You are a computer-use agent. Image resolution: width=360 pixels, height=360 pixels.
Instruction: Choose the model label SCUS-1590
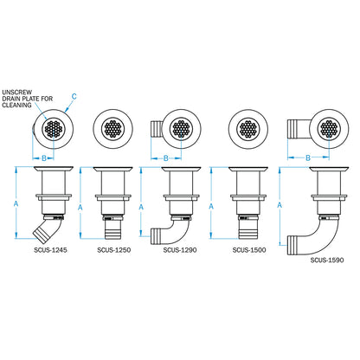pyautogui.click(x=327, y=258)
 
